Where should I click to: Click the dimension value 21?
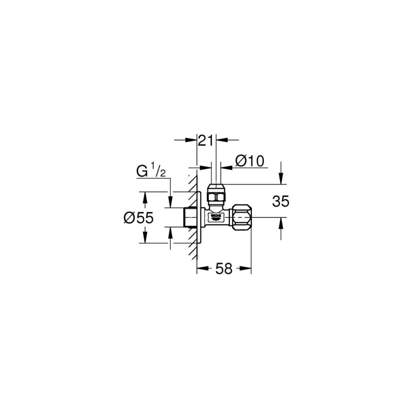[206, 141]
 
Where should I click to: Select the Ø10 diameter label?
[249, 161]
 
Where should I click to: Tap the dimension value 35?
[281, 201]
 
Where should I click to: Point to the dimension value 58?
[224, 269]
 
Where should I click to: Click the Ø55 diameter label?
[137, 217]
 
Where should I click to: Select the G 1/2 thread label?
[151, 172]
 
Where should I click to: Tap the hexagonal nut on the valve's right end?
[242, 217]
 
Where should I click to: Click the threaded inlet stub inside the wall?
[189, 217]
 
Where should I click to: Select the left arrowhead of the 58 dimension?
[201, 269]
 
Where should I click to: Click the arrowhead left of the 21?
[194, 141]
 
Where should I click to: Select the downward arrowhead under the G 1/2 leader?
[171, 203]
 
